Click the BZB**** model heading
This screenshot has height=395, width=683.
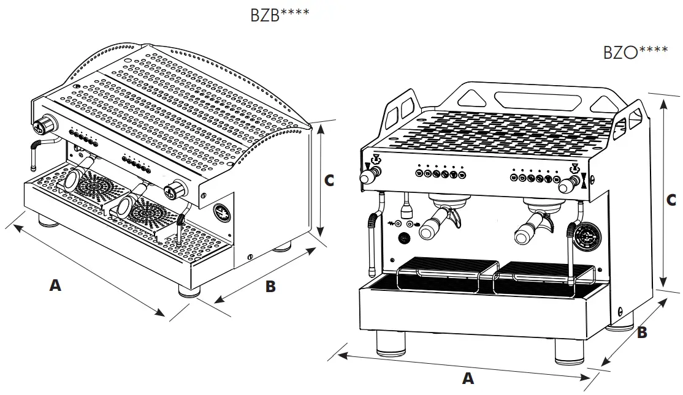[x=280, y=15]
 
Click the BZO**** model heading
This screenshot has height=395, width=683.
[x=635, y=51]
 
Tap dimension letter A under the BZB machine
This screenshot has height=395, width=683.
[x=56, y=285]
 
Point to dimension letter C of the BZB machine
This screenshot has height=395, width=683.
[x=329, y=181]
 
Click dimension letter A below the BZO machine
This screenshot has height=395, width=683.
[x=468, y=379]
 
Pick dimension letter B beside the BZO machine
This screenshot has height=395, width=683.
[x=642, y=333]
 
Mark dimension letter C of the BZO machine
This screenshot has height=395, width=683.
[x=671, y=200]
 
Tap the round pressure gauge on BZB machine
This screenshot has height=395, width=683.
[x=221, y=212]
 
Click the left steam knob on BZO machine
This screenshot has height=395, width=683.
[x=368, y=177]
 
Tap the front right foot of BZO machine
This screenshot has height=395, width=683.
[x=570, y=352]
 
